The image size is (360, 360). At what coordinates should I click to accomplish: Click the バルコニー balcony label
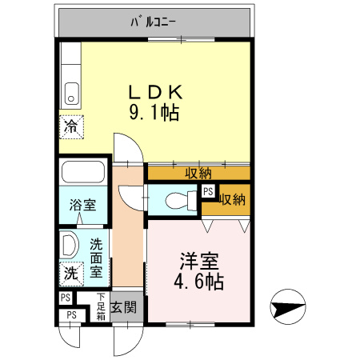point(154,22)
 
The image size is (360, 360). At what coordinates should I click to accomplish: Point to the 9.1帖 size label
point(154,113)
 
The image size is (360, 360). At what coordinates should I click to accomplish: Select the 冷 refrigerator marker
point(71,126)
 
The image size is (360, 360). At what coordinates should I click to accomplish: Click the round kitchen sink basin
point(71,98)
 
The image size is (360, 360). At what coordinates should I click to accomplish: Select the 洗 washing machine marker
point(71,272)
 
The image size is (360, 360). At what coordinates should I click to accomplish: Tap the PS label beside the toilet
point(208,191)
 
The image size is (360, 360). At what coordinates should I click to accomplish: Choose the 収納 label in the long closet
point(198,172)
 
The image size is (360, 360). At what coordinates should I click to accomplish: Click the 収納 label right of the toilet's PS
point(233,198)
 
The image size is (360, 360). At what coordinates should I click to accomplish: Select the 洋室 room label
point(200,261)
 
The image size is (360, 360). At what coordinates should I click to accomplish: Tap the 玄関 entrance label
point(124,306)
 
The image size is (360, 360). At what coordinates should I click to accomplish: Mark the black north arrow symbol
point(288,307)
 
